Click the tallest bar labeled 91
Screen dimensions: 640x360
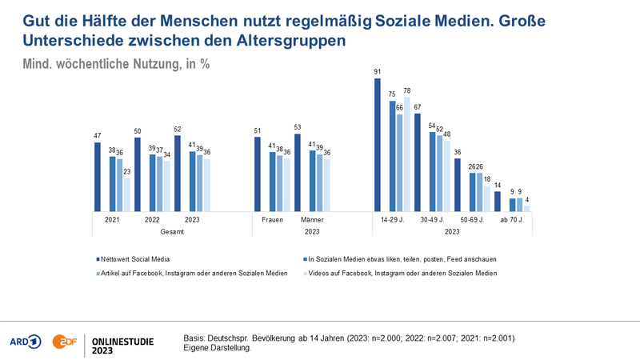(x=377, y=145)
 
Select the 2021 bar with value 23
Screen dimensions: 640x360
(x=127, y=194)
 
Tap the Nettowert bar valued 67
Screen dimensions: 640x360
(x=417, y=162)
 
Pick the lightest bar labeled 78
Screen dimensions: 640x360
(x=407, y=154)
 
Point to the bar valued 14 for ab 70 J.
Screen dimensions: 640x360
(x=497, y=202)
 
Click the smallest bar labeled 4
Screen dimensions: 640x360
(x=527, y=209)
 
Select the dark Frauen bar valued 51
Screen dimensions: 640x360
(x=257, y=174)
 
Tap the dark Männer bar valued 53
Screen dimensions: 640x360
(x=297, y=173)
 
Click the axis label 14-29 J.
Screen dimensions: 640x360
(x=392, y=219)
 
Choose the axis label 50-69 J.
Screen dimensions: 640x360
(x=472, y=219)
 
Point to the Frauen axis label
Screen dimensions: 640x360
(x=272, y=219)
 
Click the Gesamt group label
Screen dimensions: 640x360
(x=172, y=231)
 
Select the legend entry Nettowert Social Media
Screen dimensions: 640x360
(x=133, y=259)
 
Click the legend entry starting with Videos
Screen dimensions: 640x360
(x=400, y=273)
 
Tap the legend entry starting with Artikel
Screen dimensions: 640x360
(x=192, y=273)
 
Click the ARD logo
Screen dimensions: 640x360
(x=26, y=342)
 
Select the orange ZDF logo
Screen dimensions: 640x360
(x=65, y=342)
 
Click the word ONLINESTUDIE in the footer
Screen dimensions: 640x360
(x=123, y=342)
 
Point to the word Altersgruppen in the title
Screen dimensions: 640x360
(x=291, y=41)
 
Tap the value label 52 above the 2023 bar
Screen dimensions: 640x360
(x=177, y=129)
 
